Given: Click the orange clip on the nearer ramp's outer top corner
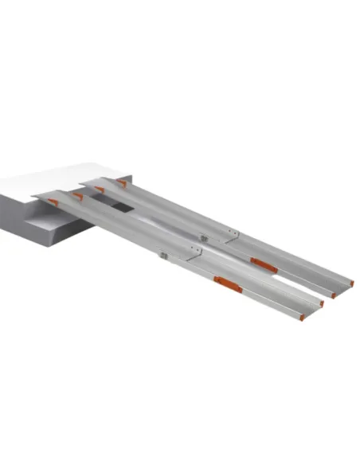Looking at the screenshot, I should pos(53,202).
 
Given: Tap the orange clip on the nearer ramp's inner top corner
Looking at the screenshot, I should pos(77,195).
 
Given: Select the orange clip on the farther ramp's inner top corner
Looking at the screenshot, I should pos(100,190).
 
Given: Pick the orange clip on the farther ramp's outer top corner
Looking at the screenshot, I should pos(122,183).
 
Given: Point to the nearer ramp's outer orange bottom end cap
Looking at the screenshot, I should pos(301,317).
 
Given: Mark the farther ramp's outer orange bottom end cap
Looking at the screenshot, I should pos(351,283).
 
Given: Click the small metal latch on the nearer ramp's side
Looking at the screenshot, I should pos(164,256).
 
